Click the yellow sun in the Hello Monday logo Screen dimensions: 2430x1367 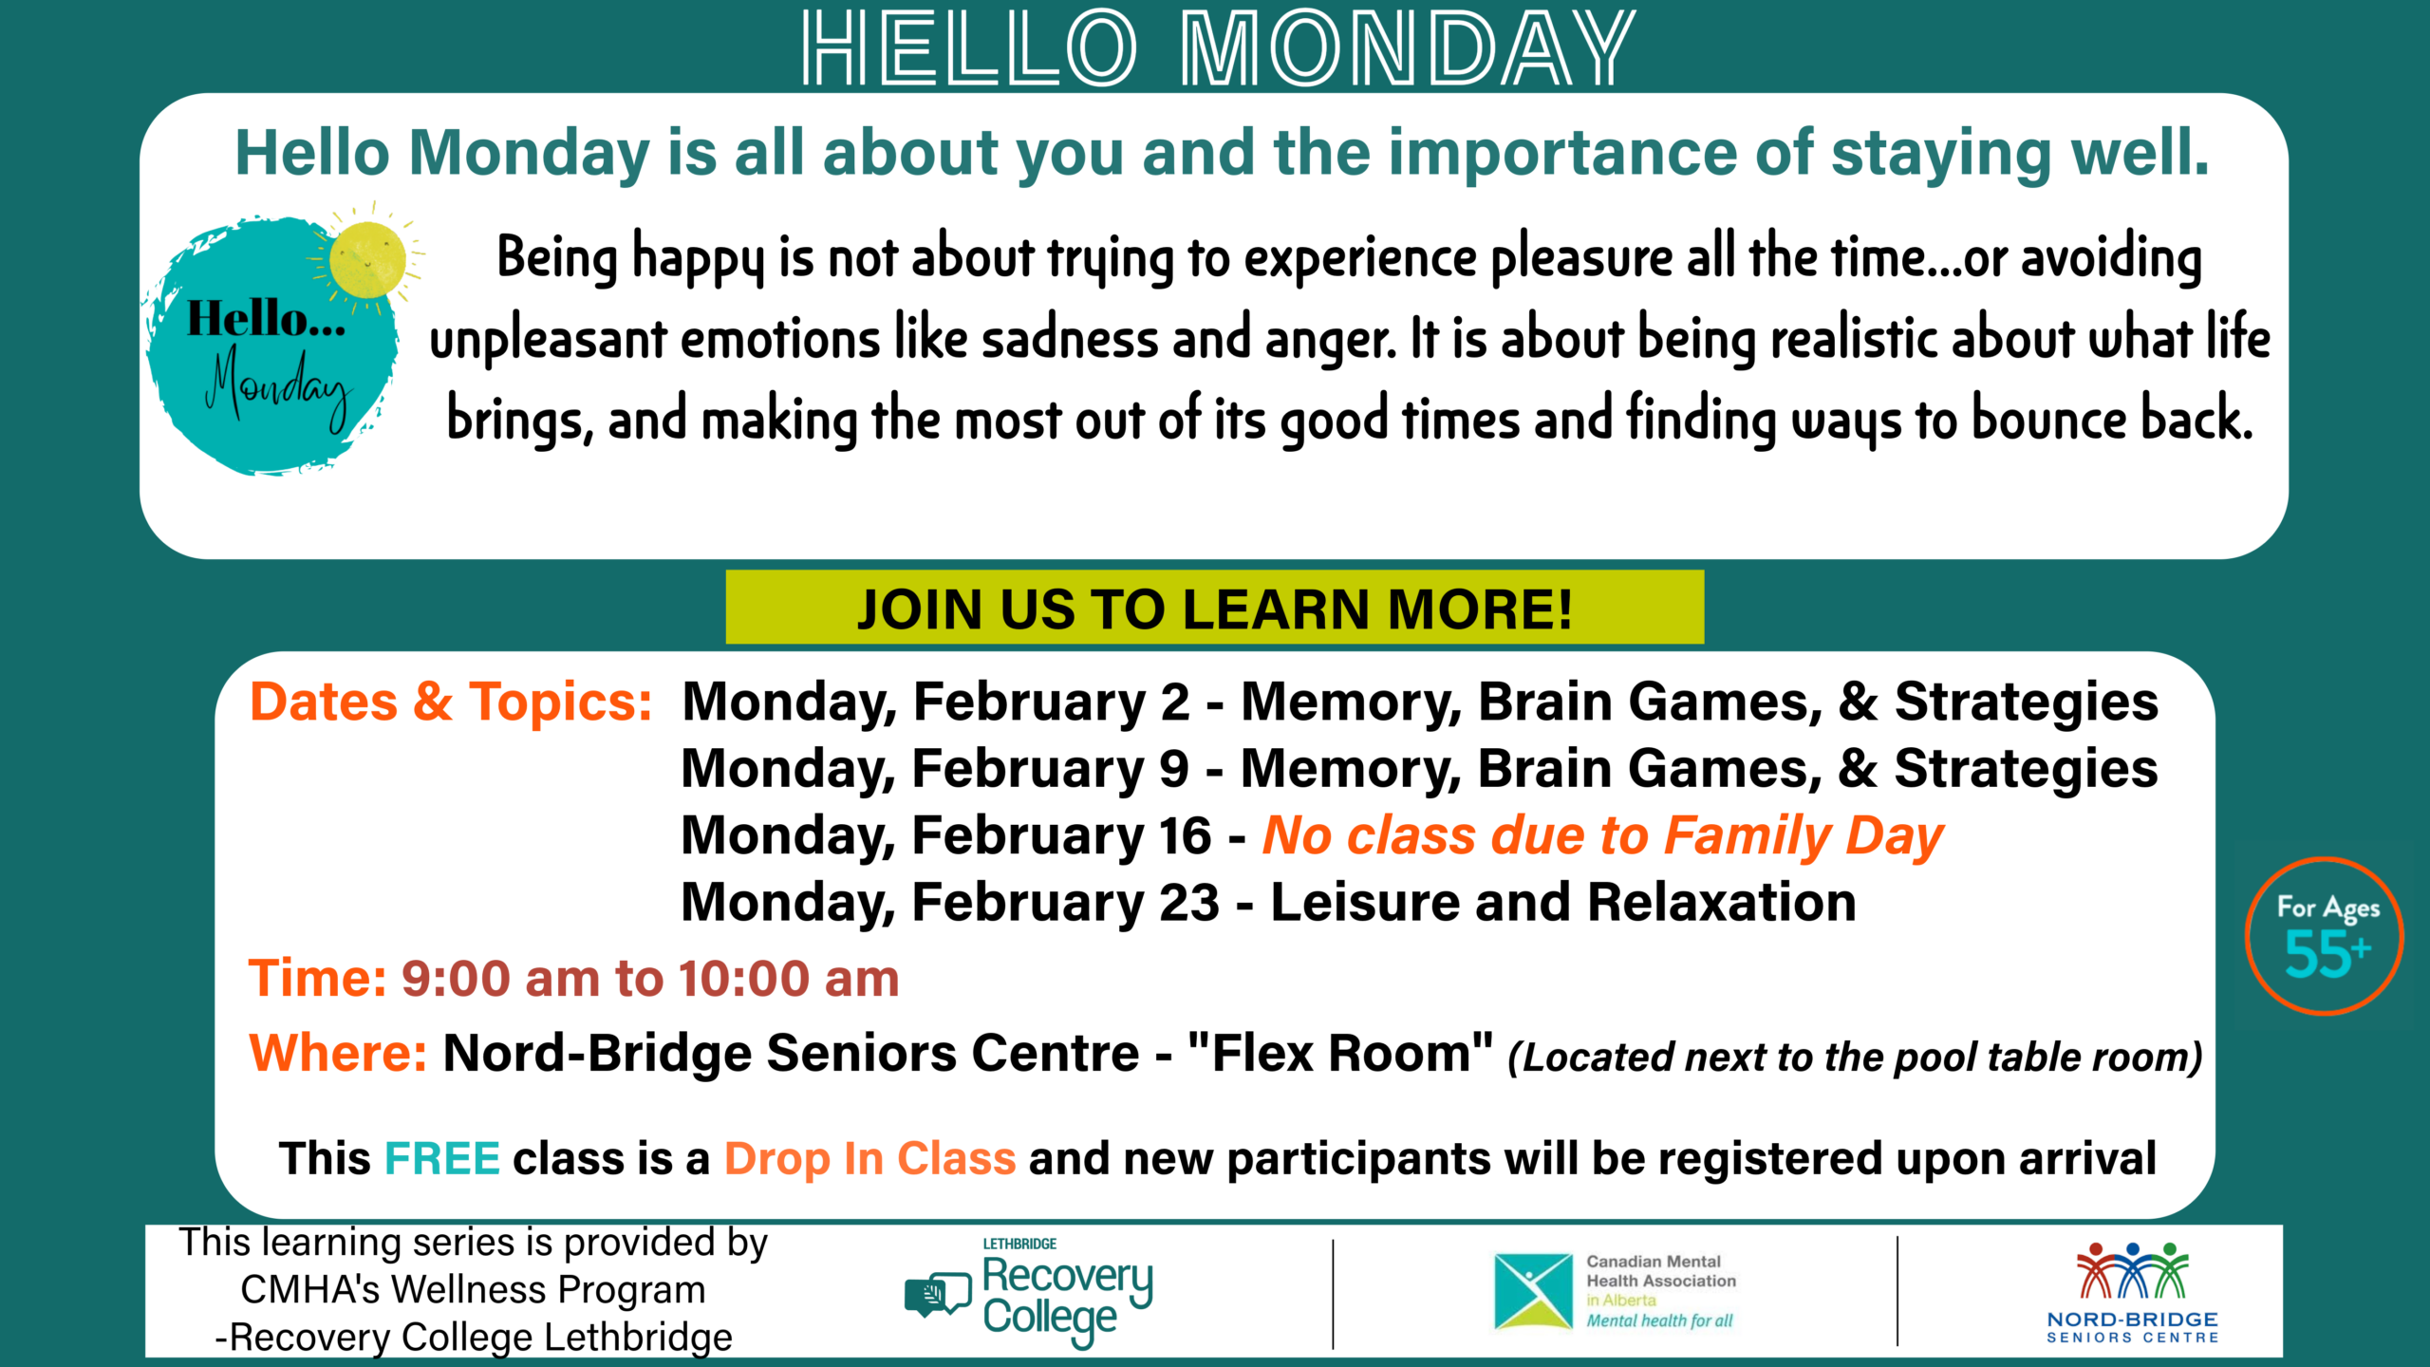tap(367, 259)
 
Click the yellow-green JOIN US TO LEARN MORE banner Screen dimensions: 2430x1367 tap(1215, 608)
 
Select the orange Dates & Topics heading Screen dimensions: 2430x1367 tap(451, 702)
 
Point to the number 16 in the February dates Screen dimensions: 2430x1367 tap(1185, 835)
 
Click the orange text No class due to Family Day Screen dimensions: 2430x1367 tap(1603, 837)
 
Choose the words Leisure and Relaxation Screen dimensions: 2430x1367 tap(1563, 902)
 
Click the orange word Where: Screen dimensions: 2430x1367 tap(338, 1054)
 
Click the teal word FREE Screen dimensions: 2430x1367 tap(442, 1159)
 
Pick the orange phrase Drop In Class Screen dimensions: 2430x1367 tap(870, 1160)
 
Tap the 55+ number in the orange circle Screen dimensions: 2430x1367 tap(2327, 954)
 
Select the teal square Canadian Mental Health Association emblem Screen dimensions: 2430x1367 tap(1533, 1292)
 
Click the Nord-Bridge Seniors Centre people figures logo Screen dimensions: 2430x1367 tap(2132, 1270)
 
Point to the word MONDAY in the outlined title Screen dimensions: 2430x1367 tap(1408, 47)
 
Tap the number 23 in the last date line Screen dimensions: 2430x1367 tap(1189, 902)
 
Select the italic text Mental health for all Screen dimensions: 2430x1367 tap(1659, 1320)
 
